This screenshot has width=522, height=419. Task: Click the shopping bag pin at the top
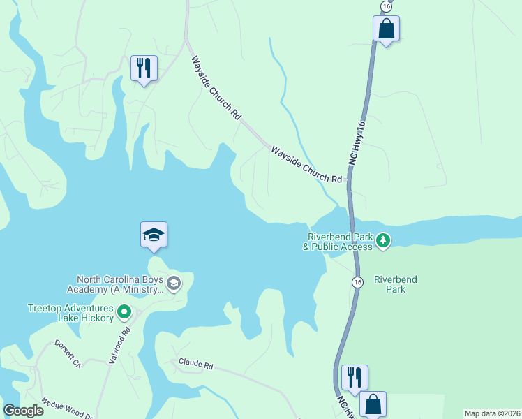pyautogui.click(x=386, y=29)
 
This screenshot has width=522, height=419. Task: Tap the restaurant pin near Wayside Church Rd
pyautogui.click(x=144, y=68)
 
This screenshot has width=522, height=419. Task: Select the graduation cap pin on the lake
pyautogui.click(x=154, y=235)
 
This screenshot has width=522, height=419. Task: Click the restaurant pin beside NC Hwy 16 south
pyautogui.click(x=355, y=378)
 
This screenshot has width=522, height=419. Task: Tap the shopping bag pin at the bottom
pyautogui.click(x=373, y=404)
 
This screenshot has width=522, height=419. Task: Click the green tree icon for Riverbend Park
pyautogui.click(x=382, y=241)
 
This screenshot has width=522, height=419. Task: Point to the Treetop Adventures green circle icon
pyautogui.click(x=124, y=312)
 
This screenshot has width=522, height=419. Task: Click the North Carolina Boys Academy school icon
pyautogui.click(x=174, y=283)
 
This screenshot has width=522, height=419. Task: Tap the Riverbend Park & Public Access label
pyautogui.click(x=338, y=242)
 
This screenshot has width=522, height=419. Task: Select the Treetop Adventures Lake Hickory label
pyautogui.click(x=70, y=313)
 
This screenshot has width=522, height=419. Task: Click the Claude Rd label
pyautogui.click(x=195, y=363)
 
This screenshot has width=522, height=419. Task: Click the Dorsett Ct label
pyautogui.click(x=69, y=354)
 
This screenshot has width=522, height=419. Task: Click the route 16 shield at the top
pyautogui.click(x=386, y=6)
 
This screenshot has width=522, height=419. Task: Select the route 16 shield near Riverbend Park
pyautogui.click(x=357, y=281)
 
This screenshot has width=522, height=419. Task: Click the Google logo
pyautogui.click(x=23, y=411)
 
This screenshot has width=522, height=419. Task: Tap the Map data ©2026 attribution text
pyautogui.click(x=492, y=413)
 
